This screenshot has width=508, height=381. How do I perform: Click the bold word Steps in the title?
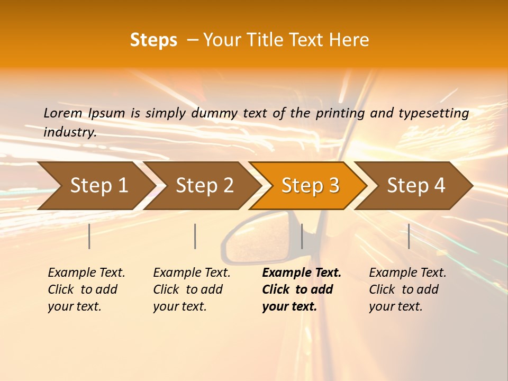click(153, 40)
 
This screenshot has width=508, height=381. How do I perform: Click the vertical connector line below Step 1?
click(89, 236)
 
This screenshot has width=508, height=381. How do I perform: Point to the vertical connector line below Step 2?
click(195, 236)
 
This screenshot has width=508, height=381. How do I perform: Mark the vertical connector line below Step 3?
click(302, 236)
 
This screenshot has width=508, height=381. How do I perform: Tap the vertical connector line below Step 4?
click(409, 236)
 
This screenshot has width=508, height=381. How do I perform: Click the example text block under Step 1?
click(86, 289)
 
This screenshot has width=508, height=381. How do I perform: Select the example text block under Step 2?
click(192, 289)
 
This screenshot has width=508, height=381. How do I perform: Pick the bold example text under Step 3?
click(301, 289)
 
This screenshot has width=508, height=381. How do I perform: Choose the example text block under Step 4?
click(407, 289)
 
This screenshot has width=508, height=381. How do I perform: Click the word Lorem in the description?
click(63, 113)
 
